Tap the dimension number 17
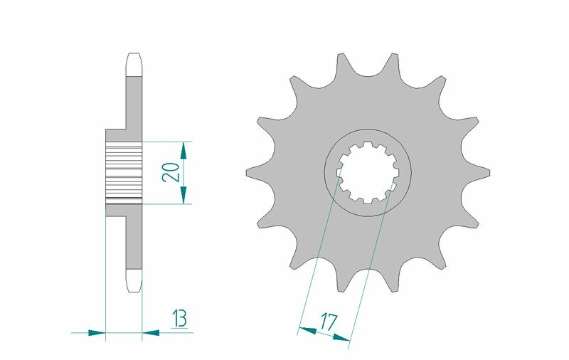coord(328,322)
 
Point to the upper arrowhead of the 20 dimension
coord(184,148)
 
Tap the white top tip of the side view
coord(134,63)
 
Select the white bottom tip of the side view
coord(134,282)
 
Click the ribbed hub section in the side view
coord(124,173)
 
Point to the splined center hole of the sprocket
coord(368,173)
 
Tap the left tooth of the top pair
coord(340,62)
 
